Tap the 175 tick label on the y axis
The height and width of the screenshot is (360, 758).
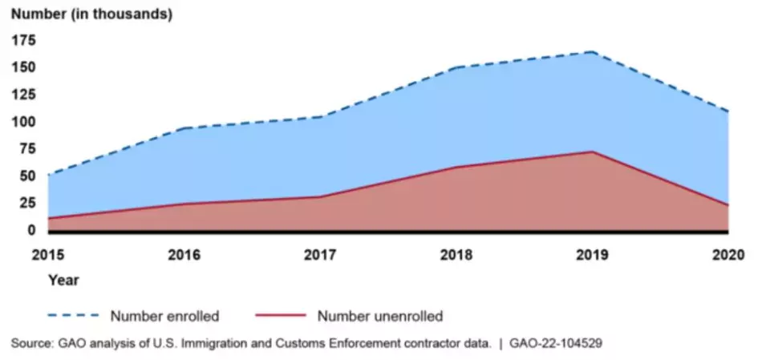[23, 39]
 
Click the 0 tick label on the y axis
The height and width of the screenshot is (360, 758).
[31, 230]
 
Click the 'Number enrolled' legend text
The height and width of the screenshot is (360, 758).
[164, 316]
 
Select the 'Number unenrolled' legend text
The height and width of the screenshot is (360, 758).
[379, 316]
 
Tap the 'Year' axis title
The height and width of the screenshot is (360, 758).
[63, 281]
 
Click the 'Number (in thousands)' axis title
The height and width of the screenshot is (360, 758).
[91, 14]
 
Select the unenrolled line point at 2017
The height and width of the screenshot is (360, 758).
[321, 196]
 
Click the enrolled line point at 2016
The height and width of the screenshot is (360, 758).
[184, 128]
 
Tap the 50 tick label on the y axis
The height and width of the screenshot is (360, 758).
[27, 176]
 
